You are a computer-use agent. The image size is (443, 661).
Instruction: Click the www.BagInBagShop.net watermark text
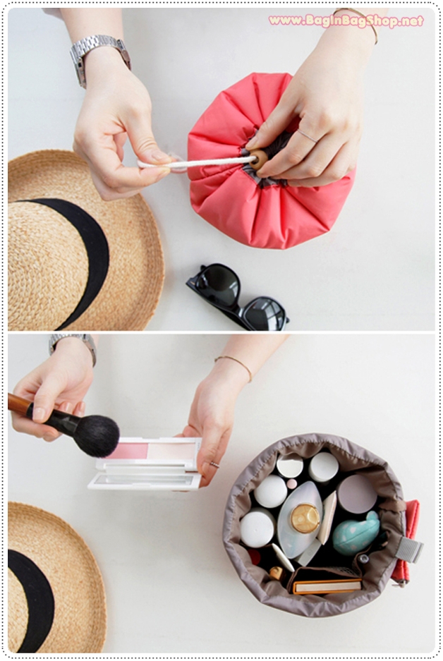[346, 20]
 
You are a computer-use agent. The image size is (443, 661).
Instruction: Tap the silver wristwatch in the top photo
[99, 56]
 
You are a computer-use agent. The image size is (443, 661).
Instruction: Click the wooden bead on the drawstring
[259, 159]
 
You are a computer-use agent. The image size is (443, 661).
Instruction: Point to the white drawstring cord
[196, 163]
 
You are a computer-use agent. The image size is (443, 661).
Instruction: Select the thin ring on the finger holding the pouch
[307, 135]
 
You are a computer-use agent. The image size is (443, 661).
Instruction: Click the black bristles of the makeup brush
[96, 436]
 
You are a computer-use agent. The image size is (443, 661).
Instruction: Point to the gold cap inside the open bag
[305, 518]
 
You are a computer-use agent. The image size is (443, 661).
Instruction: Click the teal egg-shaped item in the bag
[356, 533]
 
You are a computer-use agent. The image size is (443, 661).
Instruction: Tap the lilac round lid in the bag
[357, 494]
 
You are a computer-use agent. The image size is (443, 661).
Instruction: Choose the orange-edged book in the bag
[327, 586]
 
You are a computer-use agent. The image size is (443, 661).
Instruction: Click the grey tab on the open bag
[409, 549]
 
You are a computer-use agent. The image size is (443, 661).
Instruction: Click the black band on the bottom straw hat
[30, 599]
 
